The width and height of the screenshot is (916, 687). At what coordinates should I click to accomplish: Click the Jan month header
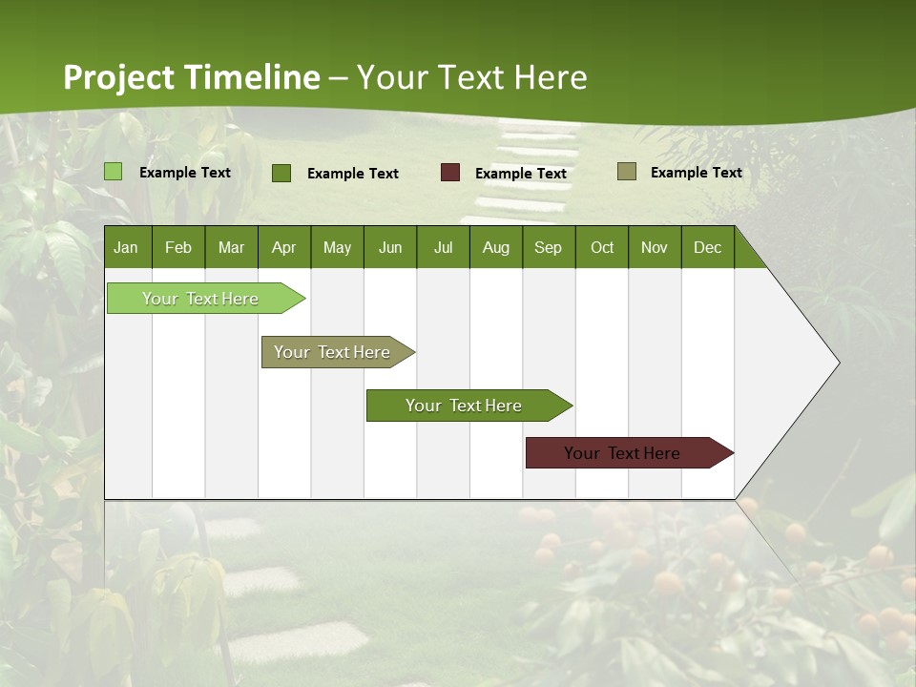[126, 248]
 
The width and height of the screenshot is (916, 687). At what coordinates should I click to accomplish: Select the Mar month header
[231, 248]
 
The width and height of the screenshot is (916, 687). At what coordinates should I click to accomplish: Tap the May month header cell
[337, 248]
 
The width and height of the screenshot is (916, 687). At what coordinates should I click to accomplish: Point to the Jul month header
[443, 248]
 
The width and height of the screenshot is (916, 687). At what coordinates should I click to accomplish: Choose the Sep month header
[548, 248]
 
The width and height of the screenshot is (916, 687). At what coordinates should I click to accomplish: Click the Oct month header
[602, 248]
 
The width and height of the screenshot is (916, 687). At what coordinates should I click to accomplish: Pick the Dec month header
[707, 248]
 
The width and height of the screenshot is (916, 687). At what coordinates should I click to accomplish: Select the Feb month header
[178, 248]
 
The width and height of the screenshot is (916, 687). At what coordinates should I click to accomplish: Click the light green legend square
[113, 172]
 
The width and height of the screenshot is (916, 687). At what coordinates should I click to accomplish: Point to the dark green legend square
[281, 173]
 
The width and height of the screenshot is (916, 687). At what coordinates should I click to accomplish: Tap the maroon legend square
[449, 173]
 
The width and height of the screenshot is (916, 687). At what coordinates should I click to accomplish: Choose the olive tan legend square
[626, 172]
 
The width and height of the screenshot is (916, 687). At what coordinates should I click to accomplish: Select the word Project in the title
[119, 77]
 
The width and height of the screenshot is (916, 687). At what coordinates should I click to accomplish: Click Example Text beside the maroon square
[520, 174]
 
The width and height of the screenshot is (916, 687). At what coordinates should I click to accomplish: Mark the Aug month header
[495, 248]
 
